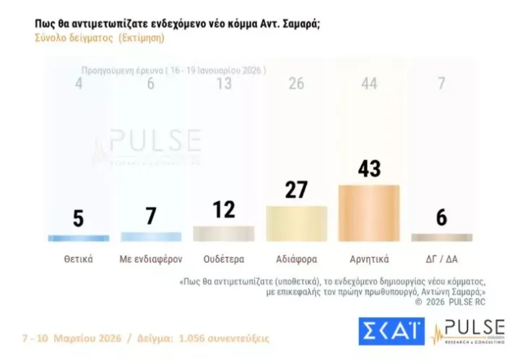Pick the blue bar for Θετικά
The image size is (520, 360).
pyautogui.click(x=78, y=238)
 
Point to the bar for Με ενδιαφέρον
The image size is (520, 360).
pyautogui.click(x=151, y=236)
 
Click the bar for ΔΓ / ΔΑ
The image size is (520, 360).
pyautogui.click(x=441, y=237)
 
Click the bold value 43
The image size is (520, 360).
pyautogui.click(x=369, y=168)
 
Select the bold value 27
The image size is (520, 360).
pyautogui.click(x=296, y=189)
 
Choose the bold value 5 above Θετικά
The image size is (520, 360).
pyautogui.click(x=78, y=218)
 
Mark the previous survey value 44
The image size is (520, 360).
pyautogui.click(x=369, y=84)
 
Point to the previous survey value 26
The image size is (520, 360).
pyautogui.click(x=296, y=84)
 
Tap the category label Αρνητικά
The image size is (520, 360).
pyautogui.click(x=369, y=259)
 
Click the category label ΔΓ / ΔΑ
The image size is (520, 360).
pyautogui.click(x=441, y=259)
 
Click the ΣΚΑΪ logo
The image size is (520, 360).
pyautogui.click(x=389, y=330)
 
